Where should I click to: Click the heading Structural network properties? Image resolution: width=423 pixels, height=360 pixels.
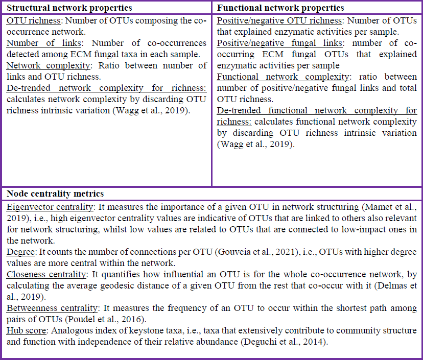(69, 8)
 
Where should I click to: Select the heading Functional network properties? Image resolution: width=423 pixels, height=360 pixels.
(280, 8)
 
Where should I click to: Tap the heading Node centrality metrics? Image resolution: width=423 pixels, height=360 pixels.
(55, 194)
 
